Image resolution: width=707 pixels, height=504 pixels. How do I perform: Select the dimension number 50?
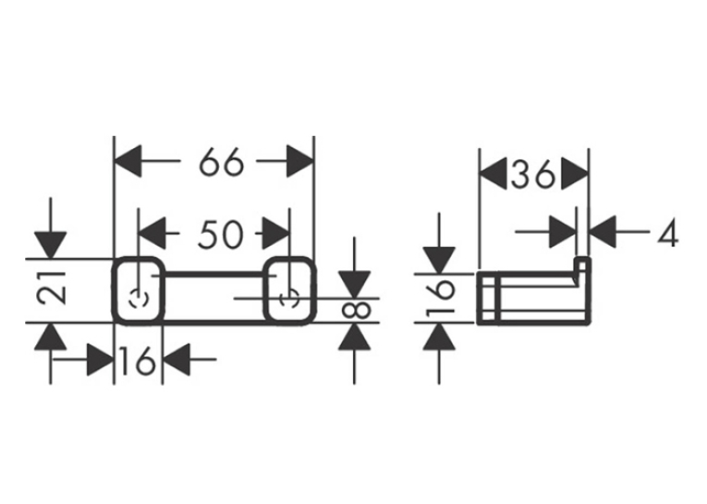point(221,235)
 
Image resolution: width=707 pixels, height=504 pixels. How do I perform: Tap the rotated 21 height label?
point(51,288)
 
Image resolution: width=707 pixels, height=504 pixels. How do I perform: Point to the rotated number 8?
point(356,310)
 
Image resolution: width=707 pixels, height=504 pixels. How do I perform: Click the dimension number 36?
point(532,174)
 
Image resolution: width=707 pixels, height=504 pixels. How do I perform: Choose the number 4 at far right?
point(668,235)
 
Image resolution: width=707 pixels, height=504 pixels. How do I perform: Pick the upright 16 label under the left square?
point(138,360)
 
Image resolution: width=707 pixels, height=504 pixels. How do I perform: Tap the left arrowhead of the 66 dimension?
point(128,161)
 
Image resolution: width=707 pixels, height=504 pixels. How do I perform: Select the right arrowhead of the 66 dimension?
point(299,161)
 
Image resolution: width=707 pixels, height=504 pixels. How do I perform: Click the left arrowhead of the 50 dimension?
point(152,233)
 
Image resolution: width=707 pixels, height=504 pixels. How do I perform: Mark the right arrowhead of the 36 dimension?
point(575,174)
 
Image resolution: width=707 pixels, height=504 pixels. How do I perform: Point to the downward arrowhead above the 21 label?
point(51,245)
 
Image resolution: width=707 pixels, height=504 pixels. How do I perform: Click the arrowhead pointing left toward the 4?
point(603,232)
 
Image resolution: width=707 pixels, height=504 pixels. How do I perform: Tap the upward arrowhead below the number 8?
point(354,337)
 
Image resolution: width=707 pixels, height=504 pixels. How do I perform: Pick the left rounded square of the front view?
point(113,290)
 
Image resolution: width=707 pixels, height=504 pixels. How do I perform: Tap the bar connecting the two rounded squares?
point(213,273)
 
